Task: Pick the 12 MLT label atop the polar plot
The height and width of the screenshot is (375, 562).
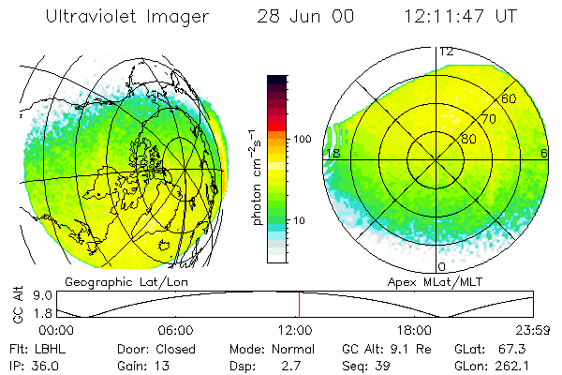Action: (447, 52)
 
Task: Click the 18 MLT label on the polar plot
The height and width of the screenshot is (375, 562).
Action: (332, 154)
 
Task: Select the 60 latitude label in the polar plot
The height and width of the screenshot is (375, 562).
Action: (510, 98)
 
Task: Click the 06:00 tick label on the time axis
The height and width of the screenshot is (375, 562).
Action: (176, 330)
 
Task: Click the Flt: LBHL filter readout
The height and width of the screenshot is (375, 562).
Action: (30, 348)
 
